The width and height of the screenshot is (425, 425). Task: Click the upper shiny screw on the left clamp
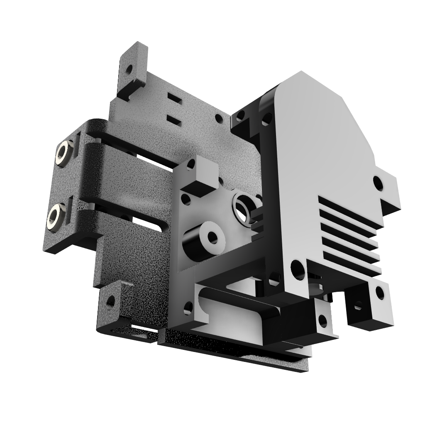click(x=64, y=153)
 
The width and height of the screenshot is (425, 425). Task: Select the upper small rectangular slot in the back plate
click(x=174, y=99)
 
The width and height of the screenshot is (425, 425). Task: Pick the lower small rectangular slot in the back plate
click(x=174, y=120)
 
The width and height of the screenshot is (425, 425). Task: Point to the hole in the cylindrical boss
click(x=212, y=238)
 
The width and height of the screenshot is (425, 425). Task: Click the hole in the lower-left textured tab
click(x=111, y=301)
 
